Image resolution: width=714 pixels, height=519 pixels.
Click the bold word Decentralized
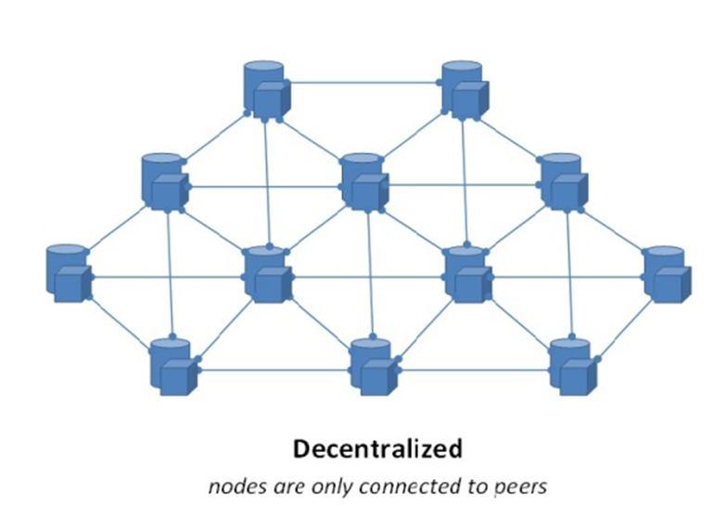pos(377,449)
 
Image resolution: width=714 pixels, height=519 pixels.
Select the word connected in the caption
pos(402,486)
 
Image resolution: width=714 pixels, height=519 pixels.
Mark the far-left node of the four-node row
pos(67,273)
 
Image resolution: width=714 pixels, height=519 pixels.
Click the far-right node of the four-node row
pos(666,273)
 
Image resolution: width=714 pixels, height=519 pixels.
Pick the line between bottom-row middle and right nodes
pos(475,370)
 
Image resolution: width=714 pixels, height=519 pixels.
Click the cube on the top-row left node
pos(271,98)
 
